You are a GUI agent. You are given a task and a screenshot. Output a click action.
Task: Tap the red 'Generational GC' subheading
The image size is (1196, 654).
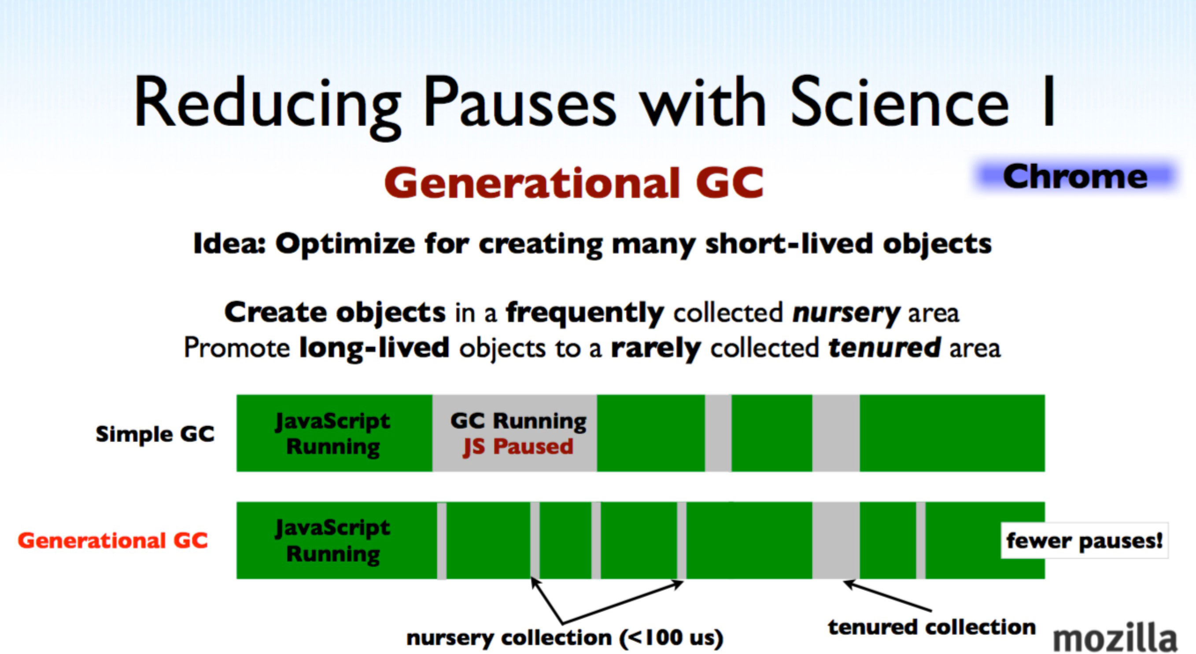[x=574, y=183]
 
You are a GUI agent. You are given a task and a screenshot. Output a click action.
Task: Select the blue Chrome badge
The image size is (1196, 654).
[x=1075, y=176]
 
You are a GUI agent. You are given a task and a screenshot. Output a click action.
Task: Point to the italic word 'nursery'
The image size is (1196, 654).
[x=846, y=313]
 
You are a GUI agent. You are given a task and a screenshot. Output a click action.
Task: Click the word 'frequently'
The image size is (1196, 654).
[x=585, y=313]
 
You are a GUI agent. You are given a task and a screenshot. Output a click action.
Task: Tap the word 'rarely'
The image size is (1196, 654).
[x=656, y=349]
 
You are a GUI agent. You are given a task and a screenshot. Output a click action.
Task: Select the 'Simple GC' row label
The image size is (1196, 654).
[x=155, y=434]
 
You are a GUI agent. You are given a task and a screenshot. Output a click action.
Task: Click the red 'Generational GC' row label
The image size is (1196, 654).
[x=113, y=540]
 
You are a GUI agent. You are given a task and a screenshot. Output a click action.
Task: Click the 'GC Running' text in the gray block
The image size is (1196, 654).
[x=518, y=421]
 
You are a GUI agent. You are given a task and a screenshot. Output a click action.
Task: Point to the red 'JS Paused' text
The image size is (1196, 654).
[x=518, y=447]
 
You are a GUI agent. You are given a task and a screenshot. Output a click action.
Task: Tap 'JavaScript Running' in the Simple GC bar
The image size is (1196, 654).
[x=333, y=434]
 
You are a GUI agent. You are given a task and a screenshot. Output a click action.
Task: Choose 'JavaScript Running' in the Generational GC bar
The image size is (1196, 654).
[x=333, y=541]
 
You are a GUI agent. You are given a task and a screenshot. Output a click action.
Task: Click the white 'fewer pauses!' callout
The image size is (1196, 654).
[x=1084, y=541]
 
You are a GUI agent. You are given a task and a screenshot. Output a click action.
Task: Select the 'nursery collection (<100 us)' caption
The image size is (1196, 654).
[x=565, y=638]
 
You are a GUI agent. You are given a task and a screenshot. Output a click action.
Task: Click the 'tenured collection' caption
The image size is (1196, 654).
[x=932, y=627]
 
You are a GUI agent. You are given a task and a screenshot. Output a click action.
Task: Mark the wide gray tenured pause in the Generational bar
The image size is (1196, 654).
[x=836, y=540]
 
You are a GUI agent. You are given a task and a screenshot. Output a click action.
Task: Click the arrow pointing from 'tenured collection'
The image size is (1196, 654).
[x=887, y=595]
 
